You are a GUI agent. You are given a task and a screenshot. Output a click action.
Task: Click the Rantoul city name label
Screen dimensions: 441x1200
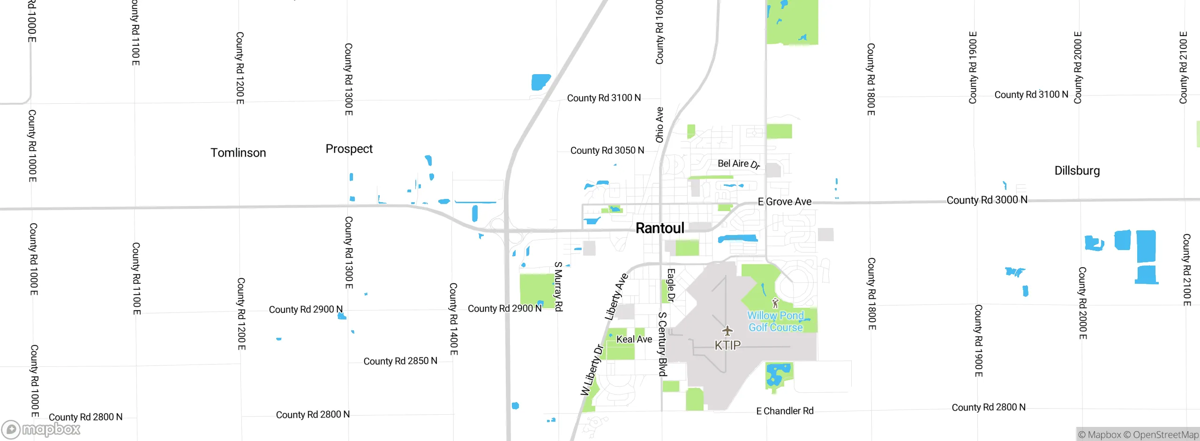[x=660, y=228]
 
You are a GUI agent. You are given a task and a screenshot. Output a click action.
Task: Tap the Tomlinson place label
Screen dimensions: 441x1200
[x=238, y=153]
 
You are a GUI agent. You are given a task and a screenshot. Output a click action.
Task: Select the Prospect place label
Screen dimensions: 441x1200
[x=349, y=149]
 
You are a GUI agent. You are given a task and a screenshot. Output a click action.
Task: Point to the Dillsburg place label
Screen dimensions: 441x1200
[x=1077, y=171]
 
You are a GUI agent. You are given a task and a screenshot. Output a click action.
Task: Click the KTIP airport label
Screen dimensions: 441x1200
[x=727, y=346]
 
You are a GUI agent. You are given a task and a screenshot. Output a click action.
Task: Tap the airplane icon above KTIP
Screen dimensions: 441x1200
[x=727, y=331]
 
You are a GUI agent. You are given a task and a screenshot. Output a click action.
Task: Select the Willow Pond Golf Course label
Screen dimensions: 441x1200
[x=775, y=322]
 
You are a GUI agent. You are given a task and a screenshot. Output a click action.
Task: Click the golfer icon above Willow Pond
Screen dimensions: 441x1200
[x=775, y=303]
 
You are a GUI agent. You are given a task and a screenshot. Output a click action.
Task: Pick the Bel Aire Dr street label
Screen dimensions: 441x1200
[x=738, y=164]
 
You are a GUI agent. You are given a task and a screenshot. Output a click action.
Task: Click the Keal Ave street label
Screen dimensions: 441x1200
[x=634, y=339]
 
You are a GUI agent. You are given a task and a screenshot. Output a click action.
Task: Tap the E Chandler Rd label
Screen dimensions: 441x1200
[x=785, y=411]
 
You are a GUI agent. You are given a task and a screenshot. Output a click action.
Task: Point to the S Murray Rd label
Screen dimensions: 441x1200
[x=558, y=286]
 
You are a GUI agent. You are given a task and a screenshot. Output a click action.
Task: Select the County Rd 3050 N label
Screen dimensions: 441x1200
[x=607, y=151]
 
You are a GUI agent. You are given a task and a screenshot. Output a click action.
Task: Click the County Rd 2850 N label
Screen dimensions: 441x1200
[x=400, y=361]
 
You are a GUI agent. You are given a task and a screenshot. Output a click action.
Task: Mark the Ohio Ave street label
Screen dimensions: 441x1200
[x=660, y=125]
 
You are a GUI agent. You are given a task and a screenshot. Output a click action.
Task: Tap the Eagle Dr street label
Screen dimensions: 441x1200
[x=671, y=285]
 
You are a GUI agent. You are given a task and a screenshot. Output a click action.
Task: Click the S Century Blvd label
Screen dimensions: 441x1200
[x=662, y=344]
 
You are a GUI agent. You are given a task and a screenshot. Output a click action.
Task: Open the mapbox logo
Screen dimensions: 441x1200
[x=41, y=429]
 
